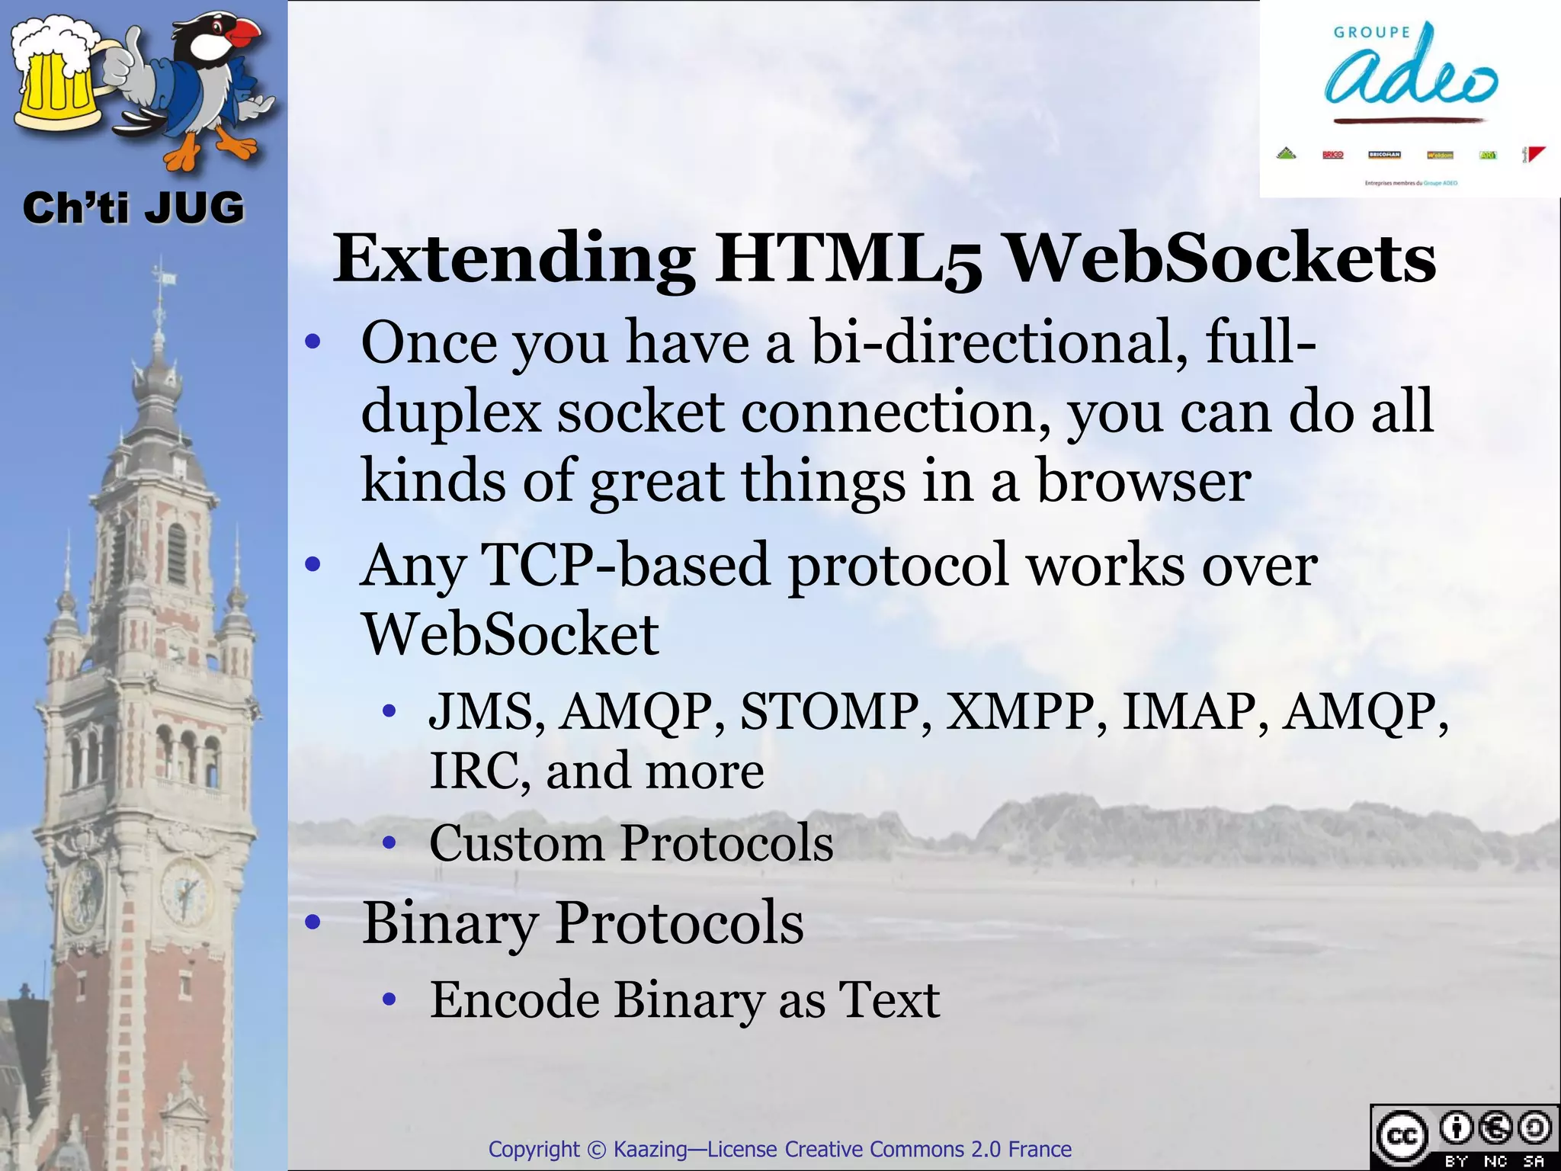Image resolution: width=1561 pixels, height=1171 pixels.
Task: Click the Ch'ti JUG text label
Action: [x=133, y=208]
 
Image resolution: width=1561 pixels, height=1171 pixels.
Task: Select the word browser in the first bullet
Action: [x=1143, y=482]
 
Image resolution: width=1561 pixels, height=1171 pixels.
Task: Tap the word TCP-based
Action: [x=625, y=566]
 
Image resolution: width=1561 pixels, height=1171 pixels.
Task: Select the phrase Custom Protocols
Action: [x=631, y=844]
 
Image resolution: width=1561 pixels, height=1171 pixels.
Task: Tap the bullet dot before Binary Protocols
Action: [x=312, y=923]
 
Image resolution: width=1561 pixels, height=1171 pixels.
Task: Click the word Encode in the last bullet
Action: [x=514, y=999]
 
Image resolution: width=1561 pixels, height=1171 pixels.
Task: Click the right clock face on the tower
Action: [x=184, y=892]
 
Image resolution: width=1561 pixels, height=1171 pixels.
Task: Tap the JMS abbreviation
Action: [x=486, y=711]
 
